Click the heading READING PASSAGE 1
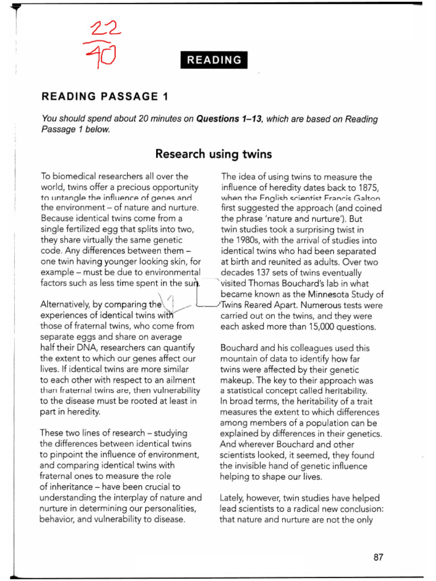tap(105, 96)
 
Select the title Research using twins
tap(213, 154)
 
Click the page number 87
tap(379, 557)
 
